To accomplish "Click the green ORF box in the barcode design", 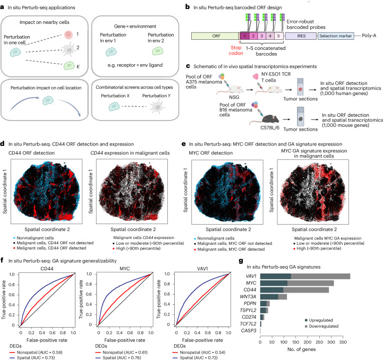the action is [x=215, y=36].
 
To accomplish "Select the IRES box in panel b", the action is [x=301, y=36].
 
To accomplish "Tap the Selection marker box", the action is [x=336, y=36].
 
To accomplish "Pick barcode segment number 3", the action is [x=261, y=36].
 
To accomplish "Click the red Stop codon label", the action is [x=236, y=50].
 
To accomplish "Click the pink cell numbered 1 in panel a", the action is [x=69, y=35].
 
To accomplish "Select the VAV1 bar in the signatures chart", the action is [x=305, y=276].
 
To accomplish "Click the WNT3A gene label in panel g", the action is [x=248, y=296].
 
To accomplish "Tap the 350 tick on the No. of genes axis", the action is [x=343, y=342].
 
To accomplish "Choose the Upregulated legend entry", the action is [x=319, y=320].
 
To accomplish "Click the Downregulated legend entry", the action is [x=322, y=327].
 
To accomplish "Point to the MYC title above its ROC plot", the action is [x=125, y=269].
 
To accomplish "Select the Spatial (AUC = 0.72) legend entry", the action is [x=195, y=357].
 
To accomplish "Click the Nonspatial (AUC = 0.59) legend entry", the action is [x=36, y=352].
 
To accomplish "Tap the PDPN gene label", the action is [x=250, y=303].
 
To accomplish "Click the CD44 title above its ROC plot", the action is [x=47, y=269].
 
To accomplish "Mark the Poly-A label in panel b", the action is [x=369, y=36].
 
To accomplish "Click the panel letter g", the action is [x=241, y=261].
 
